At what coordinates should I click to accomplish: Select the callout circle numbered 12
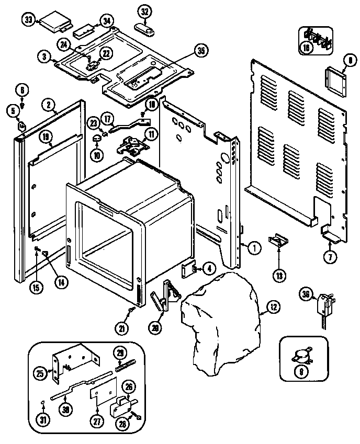(x=273, y=308)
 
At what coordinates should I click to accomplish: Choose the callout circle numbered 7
(x=330, y=257)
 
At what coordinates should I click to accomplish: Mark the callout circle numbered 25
(x=40, y=373)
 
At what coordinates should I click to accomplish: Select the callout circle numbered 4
(x=209, y=269)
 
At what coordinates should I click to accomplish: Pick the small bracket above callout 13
(x=279, y=240)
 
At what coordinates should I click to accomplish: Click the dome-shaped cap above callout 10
(x=97, y=138)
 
